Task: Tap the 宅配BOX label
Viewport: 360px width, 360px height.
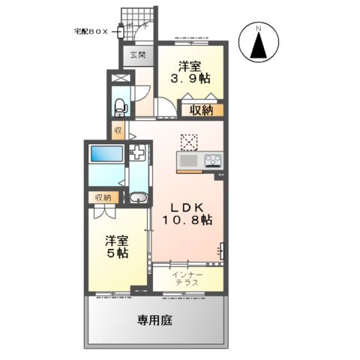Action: click(x=91, y=31)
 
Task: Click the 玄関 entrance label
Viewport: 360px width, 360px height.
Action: click(x=136, y=55)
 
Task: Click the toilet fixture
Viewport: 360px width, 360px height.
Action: click(x=119, y=106)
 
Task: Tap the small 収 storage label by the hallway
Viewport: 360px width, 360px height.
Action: click(x=118, y=130)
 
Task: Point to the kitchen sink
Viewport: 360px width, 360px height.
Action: click(x=187, y=160)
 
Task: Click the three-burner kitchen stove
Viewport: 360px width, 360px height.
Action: click(x=211, y=160)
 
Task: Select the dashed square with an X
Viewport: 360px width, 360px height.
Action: click(x=187, y=140)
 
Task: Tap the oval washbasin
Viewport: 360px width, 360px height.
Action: click(x=137, y=199)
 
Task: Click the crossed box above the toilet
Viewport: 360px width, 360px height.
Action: click(x=118, y=77)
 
